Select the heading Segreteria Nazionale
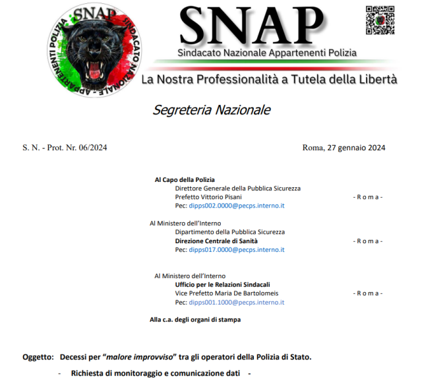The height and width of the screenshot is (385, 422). pyautogui.click(x=212, y=110)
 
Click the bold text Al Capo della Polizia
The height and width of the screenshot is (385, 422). pyautogui.click(x=185, y=179)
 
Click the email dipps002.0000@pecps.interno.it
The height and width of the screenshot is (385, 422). pyautogui.click(x=237, y=206)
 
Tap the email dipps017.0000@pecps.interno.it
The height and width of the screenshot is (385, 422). pyautogui.click(x=237, y=250)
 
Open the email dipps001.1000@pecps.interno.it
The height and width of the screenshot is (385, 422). pyautogui.click(x=237, y=302)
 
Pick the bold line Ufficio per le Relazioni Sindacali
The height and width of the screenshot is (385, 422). pyautogui.click(x=222, y=284)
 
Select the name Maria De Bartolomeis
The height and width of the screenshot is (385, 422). pyautogui.click(x=246, y=293)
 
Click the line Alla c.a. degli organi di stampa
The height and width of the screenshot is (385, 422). pyautogui.click(x=195, y=320)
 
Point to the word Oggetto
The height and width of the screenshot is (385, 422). pyautogui.click(x=38, y=357)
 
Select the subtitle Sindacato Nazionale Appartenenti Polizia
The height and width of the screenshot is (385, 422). pyautogui.click(x=266, y=53)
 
